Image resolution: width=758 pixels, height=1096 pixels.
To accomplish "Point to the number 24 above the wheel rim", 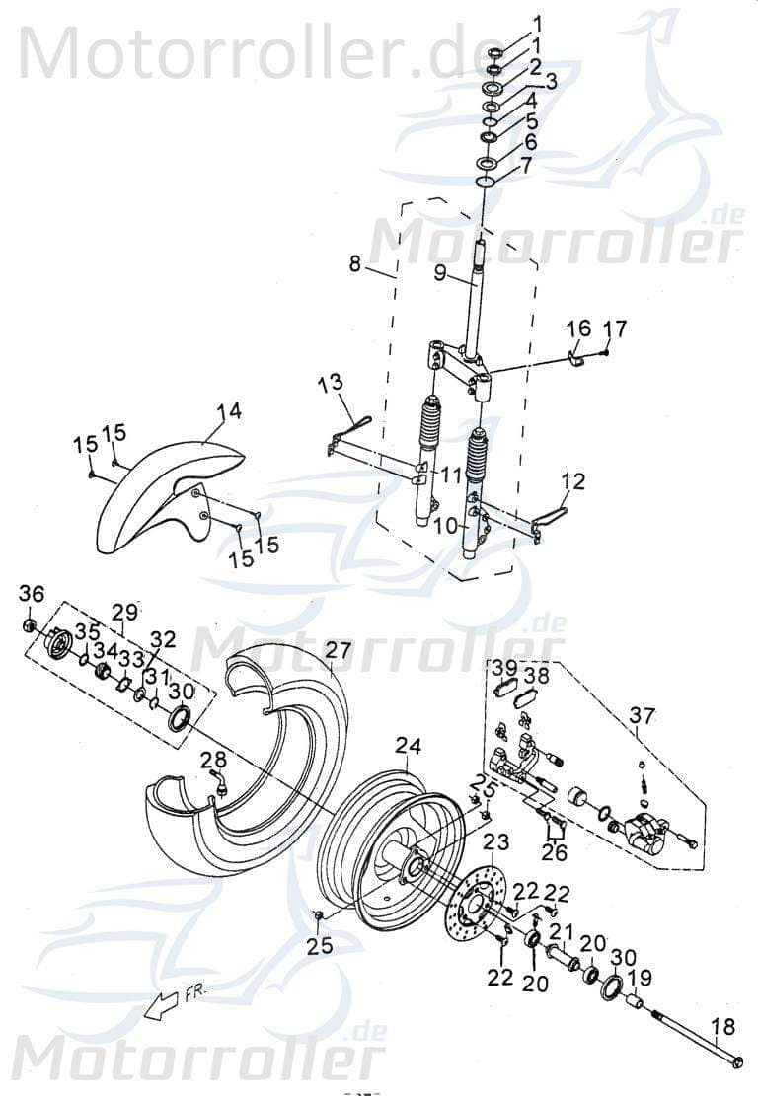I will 409,746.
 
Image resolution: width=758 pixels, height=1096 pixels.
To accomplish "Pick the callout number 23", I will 496,841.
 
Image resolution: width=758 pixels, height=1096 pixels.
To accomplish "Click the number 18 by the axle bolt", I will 723,1028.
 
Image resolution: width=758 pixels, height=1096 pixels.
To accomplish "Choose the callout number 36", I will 32,593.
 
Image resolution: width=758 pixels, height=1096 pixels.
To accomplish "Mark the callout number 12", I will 573,481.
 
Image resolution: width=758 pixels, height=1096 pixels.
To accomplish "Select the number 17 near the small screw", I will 615,329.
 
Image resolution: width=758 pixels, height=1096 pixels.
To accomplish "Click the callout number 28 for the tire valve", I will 212,758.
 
